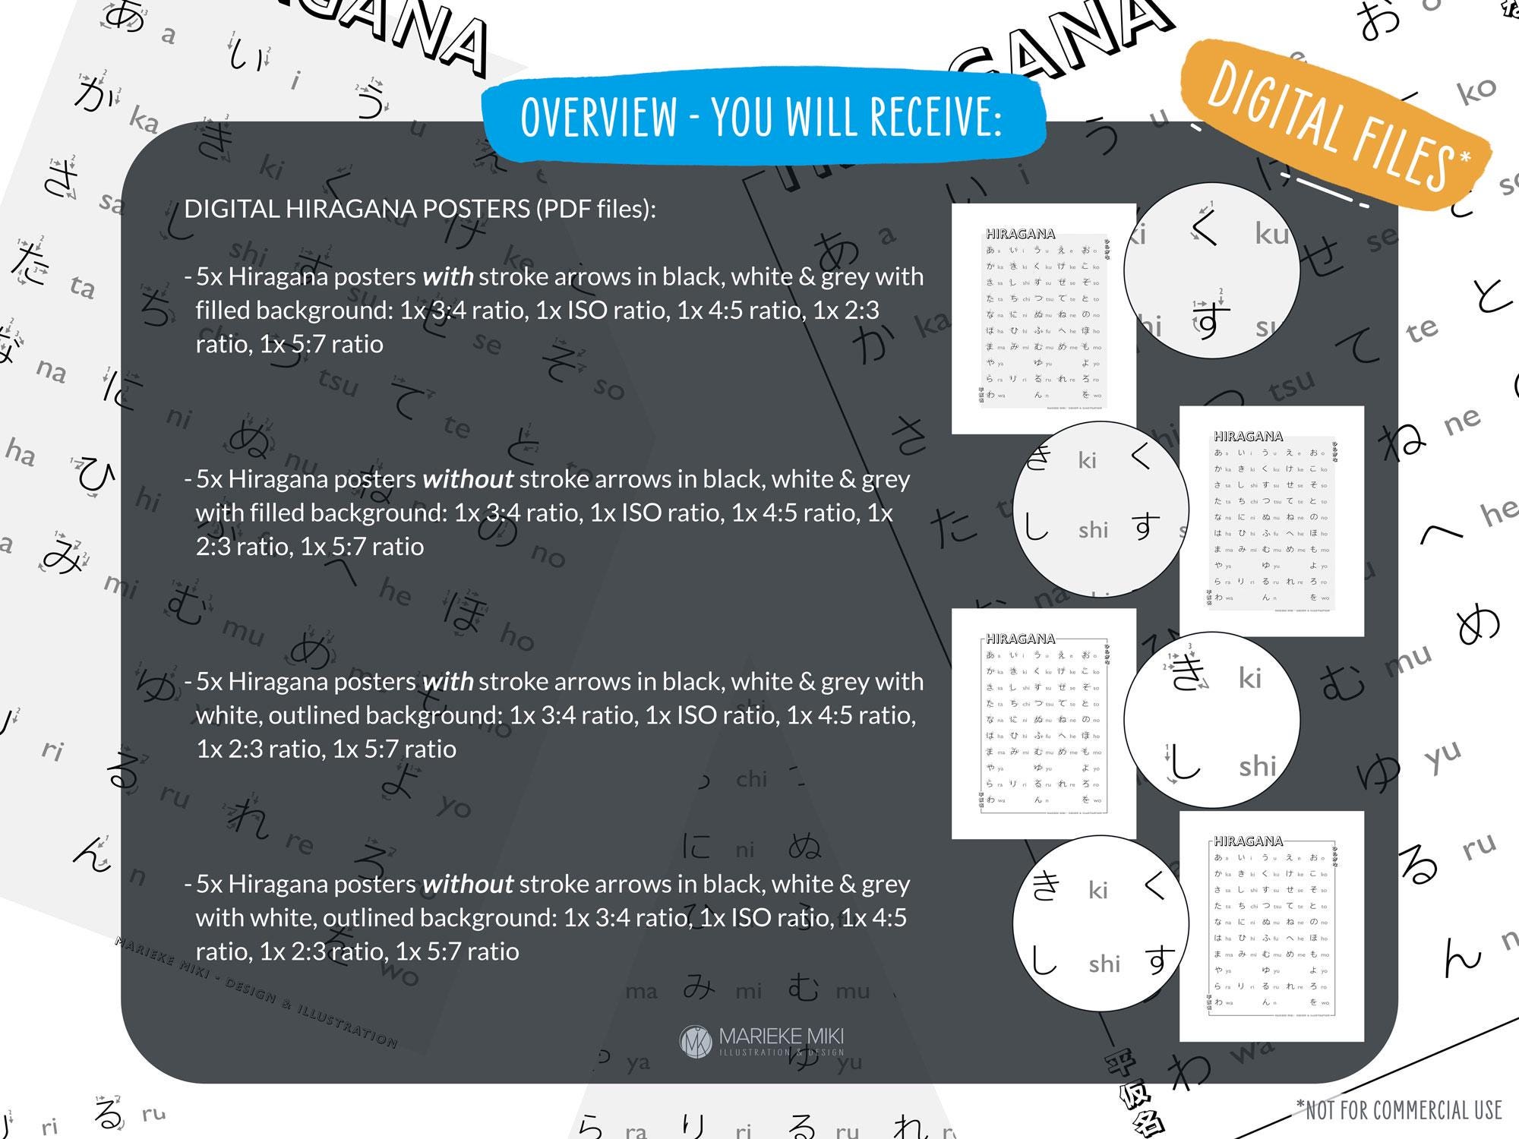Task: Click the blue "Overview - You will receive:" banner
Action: click(x=762, y=118)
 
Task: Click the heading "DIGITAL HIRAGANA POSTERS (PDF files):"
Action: click(x=420, y=209)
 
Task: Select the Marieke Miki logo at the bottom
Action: click(x=762, y=1041)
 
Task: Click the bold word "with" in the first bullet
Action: click(x=448, y=276)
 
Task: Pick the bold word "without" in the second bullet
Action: click(x=468, y=479)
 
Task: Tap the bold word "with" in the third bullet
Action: click(x=448, y=682)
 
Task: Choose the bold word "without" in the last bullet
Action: click(x=468, y=884)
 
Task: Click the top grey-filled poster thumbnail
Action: click(x=1044, y=319)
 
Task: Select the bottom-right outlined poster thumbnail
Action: click(x=1271, y=926)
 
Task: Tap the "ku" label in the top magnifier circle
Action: click(x=1271, y=234)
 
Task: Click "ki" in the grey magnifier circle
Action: click(x=1087, y=460)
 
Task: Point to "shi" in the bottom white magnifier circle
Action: click(x=1104, y=964)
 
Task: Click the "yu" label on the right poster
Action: click(x=1442, y=756)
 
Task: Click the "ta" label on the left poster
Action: click(x=82, y=287)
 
